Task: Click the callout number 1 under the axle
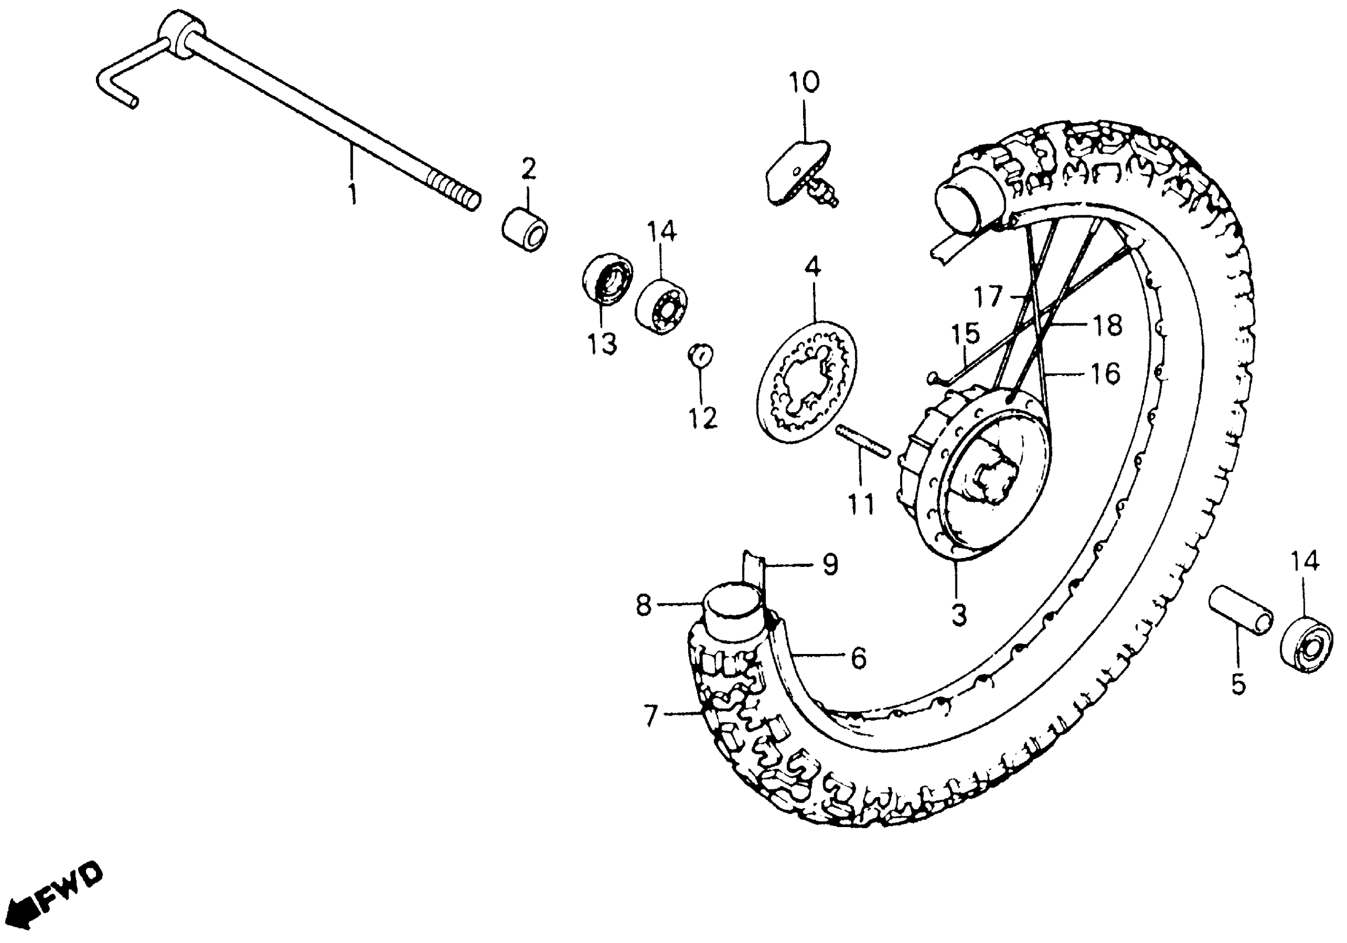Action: click(352, 194)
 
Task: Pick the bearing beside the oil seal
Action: click(660, 307)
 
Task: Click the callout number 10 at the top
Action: click(804, 83)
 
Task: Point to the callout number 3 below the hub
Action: click(958, 615)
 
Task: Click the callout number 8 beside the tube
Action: click(644, 606)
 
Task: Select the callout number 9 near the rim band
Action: click(830, 565)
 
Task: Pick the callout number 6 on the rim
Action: click(858, 658)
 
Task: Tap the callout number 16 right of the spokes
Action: click(1106, 373)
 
